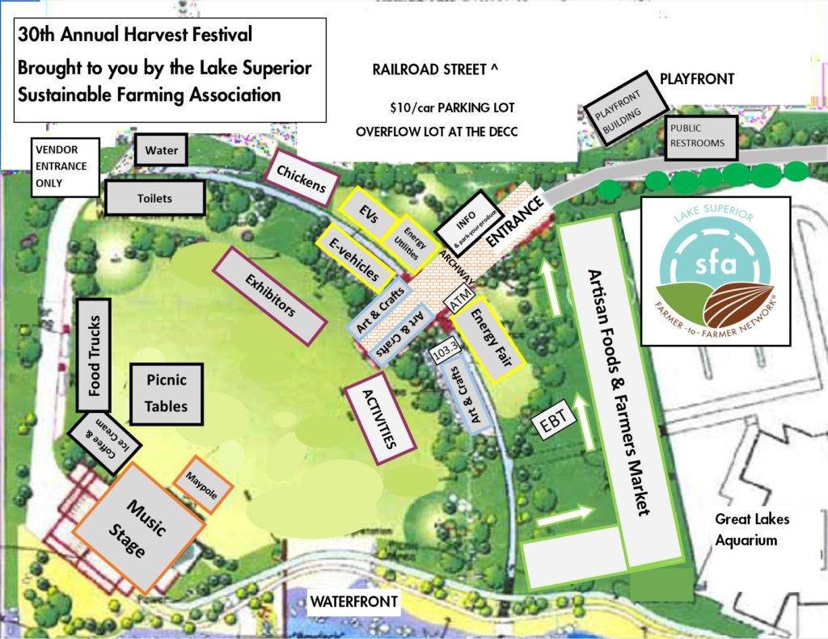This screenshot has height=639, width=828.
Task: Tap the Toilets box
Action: click(154, 198)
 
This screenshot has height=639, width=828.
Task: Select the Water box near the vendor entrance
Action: click(161, 149)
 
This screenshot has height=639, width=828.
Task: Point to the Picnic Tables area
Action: click(166, 393)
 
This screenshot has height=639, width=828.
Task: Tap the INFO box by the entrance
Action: click(465, 224)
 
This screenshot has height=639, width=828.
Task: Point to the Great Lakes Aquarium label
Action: click(751, 529)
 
